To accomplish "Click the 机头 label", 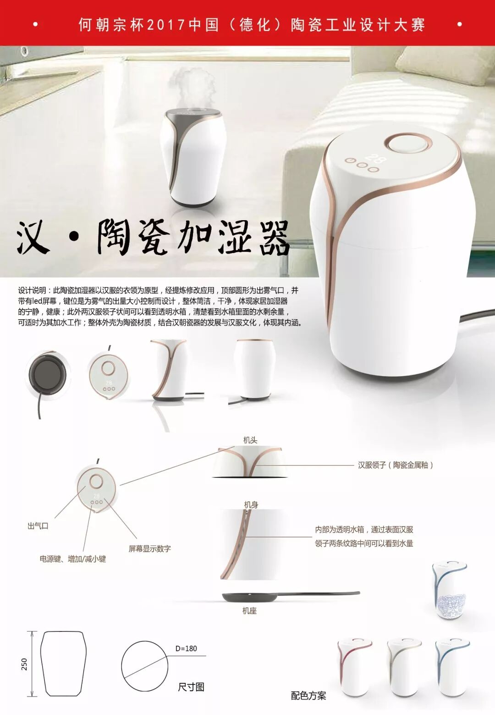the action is tap(250, 440).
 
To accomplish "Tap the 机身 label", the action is tap(251, 504).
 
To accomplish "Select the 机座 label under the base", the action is tap(249, 610).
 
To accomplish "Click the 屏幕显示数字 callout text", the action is tap(149, 549).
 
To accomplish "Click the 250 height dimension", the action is tap(25, 664).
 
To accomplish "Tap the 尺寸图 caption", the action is tap(191, 687).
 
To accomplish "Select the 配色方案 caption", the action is tap(308, 696).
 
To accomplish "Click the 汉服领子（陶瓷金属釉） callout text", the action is tap(396, 465).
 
